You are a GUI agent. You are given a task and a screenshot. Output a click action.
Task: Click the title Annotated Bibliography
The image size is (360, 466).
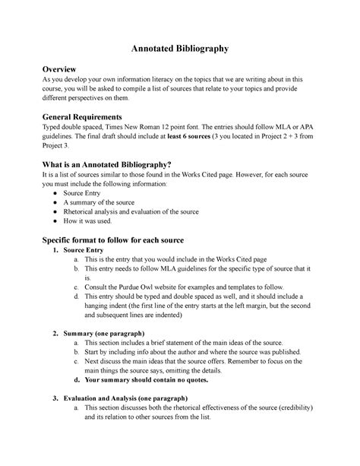click(x=180, y=48)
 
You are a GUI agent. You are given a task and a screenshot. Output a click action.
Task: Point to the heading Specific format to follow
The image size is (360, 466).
click(x=116, y=239)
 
